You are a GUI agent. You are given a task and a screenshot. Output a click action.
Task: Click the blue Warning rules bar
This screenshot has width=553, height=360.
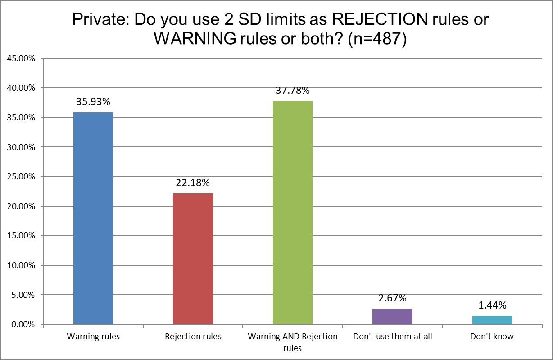pyautogui.click(x=93, y=219)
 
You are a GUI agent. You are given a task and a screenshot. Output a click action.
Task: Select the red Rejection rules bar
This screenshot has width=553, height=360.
pyautogui.click(x=193, y=259)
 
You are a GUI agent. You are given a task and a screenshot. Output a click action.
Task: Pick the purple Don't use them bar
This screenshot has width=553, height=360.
pyautogui.click(x=392, y=316)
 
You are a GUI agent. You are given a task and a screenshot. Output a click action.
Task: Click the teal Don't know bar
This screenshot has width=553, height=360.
pyautogui.click(x=492, y=320)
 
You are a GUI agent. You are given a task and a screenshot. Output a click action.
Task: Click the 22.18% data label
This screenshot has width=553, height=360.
pyautogui.click(x=193, y=183)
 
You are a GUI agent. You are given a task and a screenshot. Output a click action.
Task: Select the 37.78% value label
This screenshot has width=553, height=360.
pyautogui.click(x=293, y=91)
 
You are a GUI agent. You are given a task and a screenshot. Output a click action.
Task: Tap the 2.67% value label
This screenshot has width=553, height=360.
pyautogui.click(x=392, y=298)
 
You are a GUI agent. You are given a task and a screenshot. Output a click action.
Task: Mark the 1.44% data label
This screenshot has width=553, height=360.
pyautogui.click(x=492, y=305)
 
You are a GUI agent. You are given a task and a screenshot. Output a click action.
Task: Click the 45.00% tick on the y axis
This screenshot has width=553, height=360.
pyautogui.click(x=21, y=59)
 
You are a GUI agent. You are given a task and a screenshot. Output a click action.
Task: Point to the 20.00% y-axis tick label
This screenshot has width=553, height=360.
pyautogui.click(x=21, y=206)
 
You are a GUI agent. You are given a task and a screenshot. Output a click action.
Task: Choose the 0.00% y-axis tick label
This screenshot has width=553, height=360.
pyautogui.click(x=22, y=325)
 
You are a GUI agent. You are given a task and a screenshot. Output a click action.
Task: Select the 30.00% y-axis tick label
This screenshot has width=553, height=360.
pyautogui.click(x=21, y=147)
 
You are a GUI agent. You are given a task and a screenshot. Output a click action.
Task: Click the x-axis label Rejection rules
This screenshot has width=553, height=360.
pyautogui.click(x=193, y=337)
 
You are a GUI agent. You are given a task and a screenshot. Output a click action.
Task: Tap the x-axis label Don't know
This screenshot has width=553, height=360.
pyautogui.click(x=492, y=337)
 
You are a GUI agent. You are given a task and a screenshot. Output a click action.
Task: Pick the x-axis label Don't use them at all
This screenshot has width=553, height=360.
pyautogui.click(x=392, y=337)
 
